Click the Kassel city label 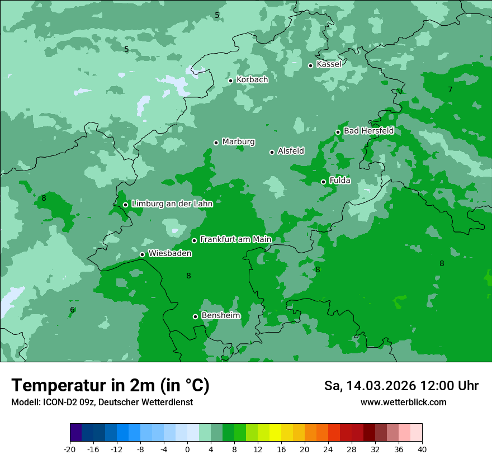(329, 64)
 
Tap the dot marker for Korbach (230, 81)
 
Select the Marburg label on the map (238, 142)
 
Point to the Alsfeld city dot (272, 152)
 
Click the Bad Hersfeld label (368, 131)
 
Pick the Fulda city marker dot (323, 182)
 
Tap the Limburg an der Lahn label (172, 204)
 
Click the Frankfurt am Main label (235, 240)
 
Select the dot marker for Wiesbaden (143, 254)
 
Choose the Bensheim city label (221, 316)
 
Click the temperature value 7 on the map (450, 89)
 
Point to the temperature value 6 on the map (72, 310)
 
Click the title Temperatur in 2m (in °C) (111, 385)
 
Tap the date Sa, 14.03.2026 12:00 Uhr (401, 386)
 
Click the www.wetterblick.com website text (403, 403)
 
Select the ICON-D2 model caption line (102, 403)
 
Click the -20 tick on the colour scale (70, 449)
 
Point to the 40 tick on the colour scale (422, 449)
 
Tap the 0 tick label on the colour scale (187, 449)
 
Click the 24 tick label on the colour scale (328, 449)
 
